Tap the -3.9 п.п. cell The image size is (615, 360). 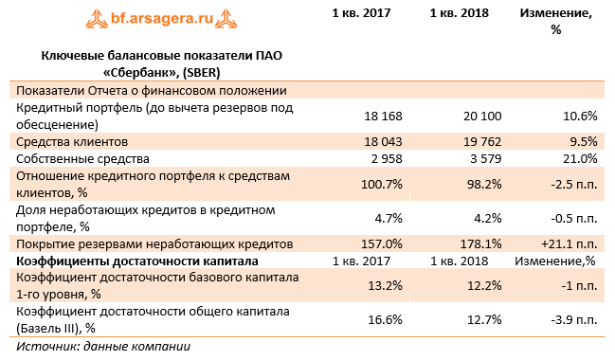570,320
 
